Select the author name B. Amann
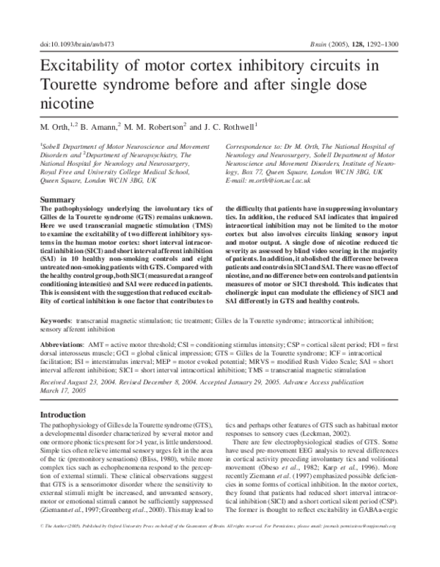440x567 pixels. (99, 125)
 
